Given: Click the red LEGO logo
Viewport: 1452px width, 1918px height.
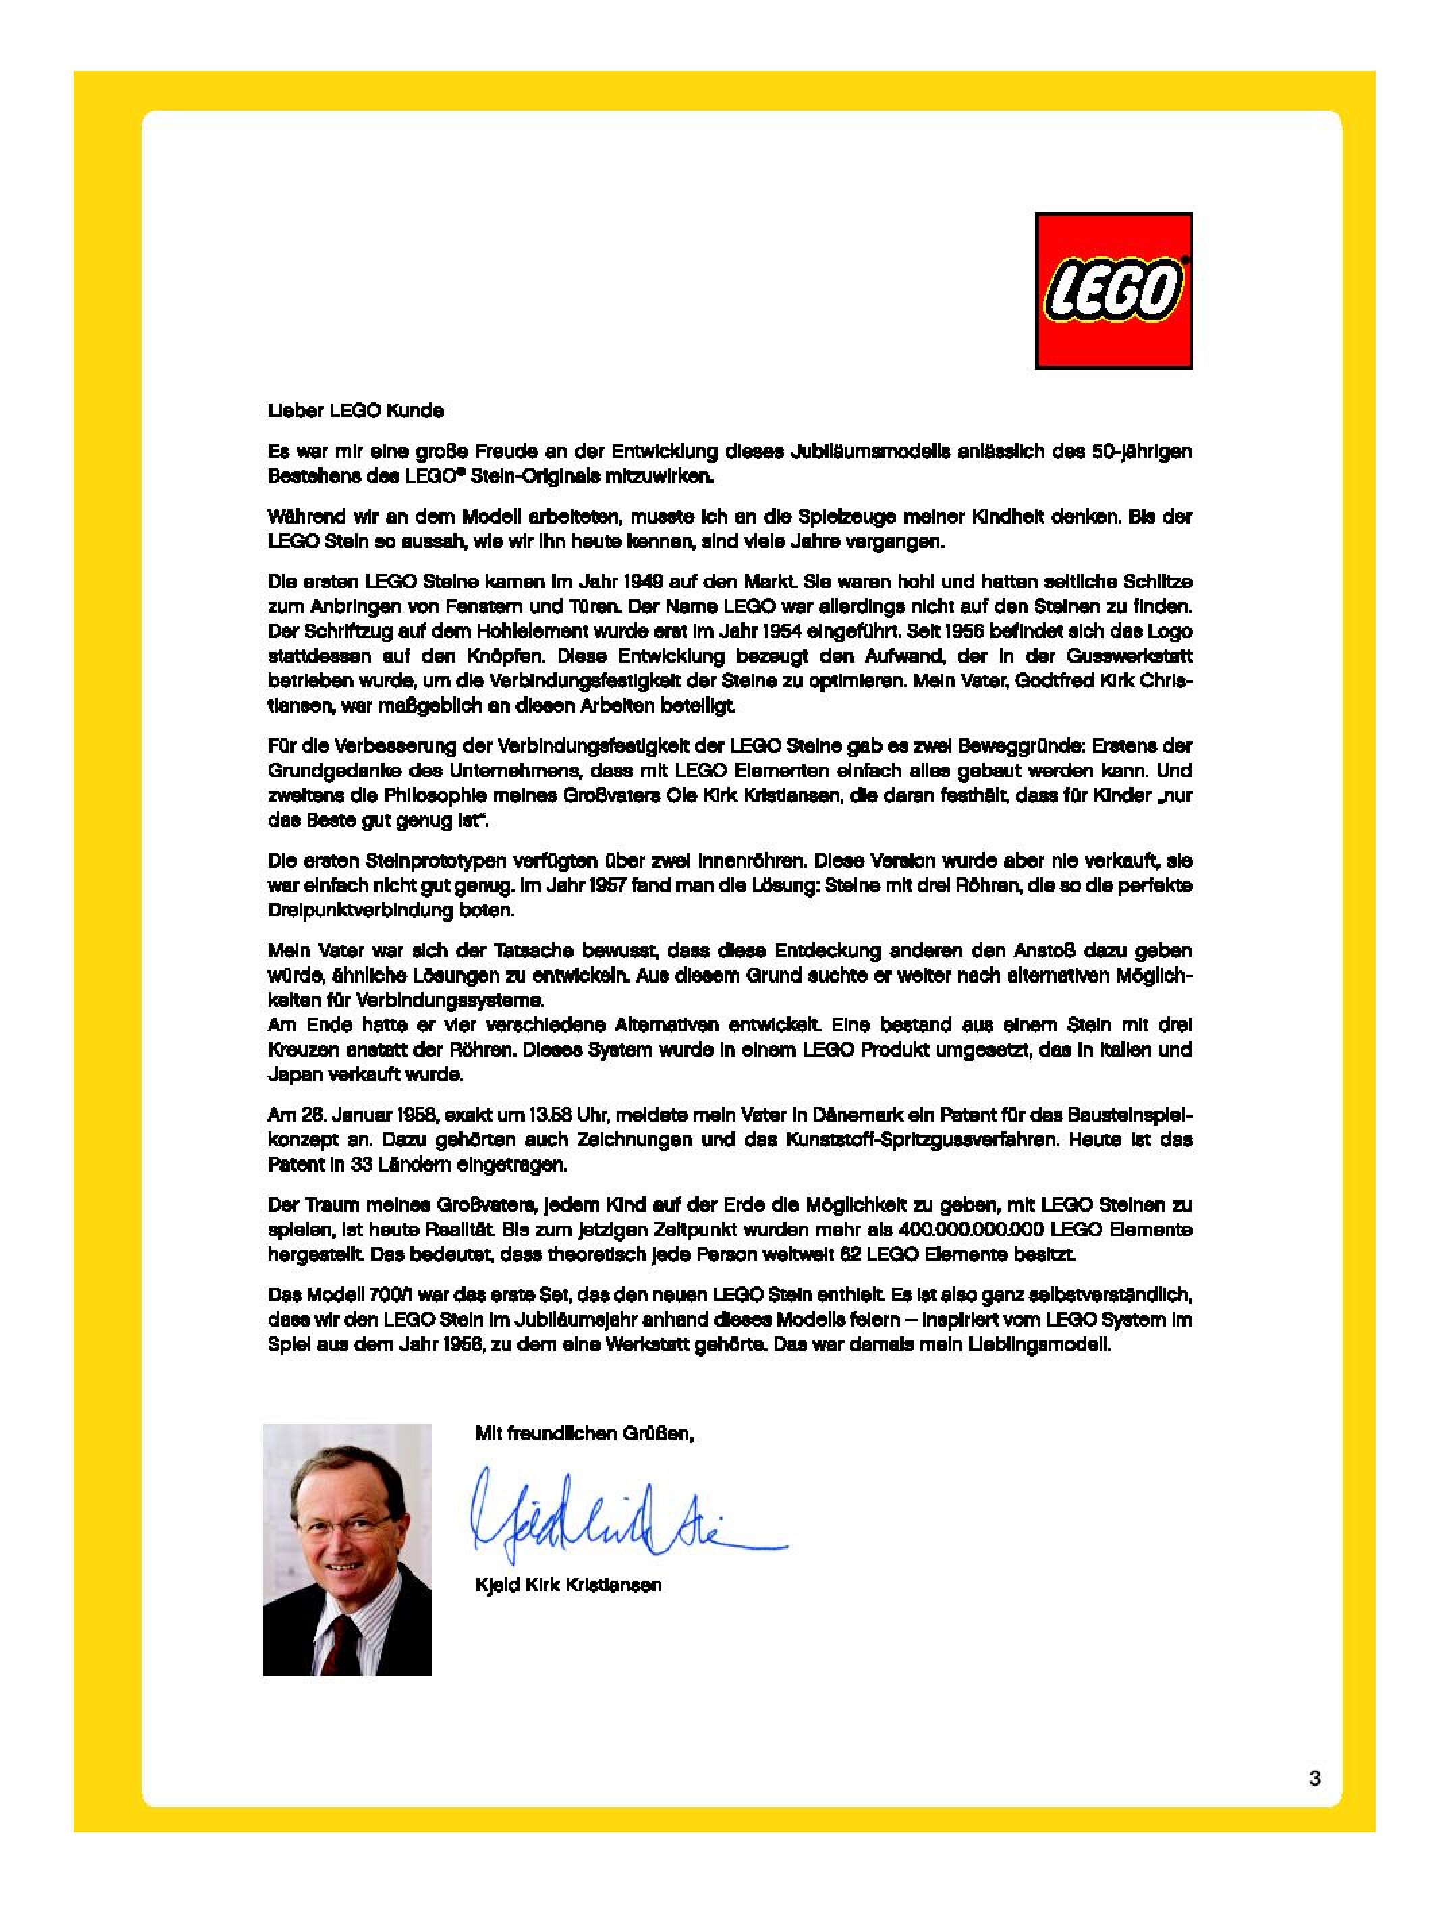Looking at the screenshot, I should (1113, 290).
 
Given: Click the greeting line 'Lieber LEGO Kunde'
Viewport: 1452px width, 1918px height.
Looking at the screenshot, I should (356, 411).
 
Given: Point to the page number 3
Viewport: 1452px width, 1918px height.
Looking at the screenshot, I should (1315, 1778).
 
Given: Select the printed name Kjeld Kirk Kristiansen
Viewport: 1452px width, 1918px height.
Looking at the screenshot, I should (569, 1586).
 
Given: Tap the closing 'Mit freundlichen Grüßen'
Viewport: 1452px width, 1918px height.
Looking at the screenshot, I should (585, 1433).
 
